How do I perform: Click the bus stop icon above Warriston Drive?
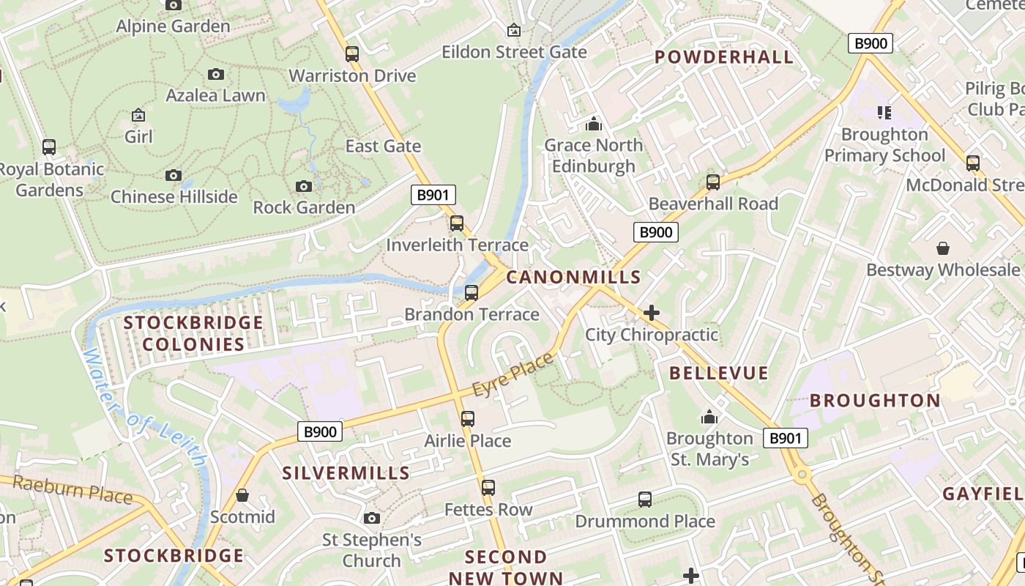pyautogui.click(x=352, y=53)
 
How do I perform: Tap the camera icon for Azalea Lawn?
pyautogui.click(x=215, y=74)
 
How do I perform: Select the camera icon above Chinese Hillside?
pyautogui.click(x=174, y=175)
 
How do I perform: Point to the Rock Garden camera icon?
pyautogui.click(x=304, y=186)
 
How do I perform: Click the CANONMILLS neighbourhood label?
pyautogui.click(x=573, y=277)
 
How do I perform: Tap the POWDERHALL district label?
pyautogui.click(x=723, y=57)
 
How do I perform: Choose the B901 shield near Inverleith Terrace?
pyautogui.click(x=433, y=195)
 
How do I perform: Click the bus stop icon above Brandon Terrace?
pyautogui.click(x=471, y=292)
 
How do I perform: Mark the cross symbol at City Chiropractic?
pyautogui.click(x=651, y=314)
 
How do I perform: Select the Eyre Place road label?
pyautogui.click(x=513, y=375)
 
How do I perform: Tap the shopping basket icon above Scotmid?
pyautogui.click(x=242, y=495)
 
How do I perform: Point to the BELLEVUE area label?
pyautogui.click(x=719, y=373)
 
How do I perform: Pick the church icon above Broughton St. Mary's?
pyautogui.click(x=709, y=417)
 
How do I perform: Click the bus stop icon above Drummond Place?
pyautogui.click(x=644, y=500)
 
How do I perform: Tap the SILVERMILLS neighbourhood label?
pyautogui.click(x=346, y=472)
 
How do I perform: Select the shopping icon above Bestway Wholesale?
pyautogui.click(x=943, y=248)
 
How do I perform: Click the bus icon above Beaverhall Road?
pyautogui.click(x=713, y=182)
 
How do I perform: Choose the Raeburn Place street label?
pyautogui.click(x=72, y=489)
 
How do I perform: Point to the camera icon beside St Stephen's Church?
pyautogui.click(x=372, y=519)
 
